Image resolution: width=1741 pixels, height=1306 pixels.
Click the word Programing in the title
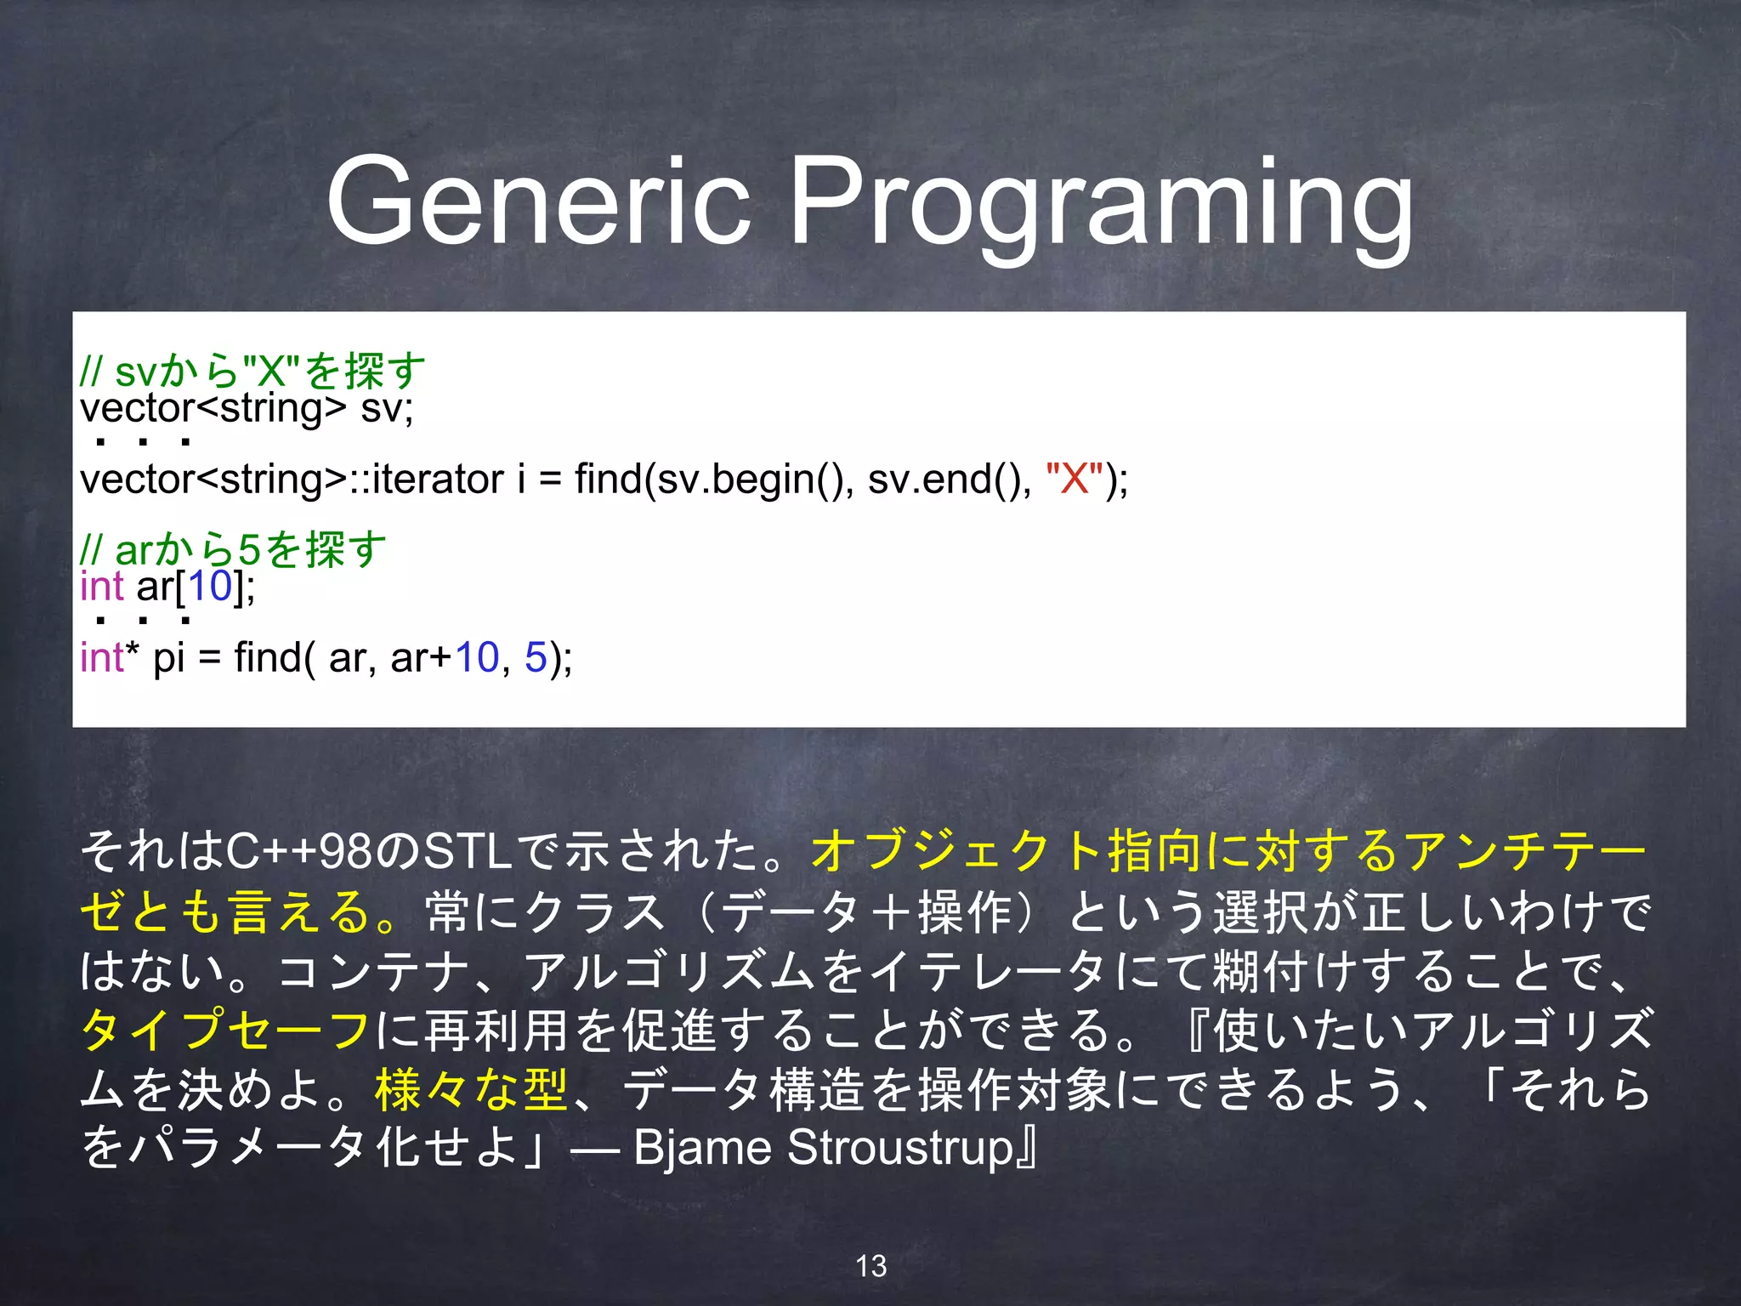(1102, 204)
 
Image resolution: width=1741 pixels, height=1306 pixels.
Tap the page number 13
(870, 1266)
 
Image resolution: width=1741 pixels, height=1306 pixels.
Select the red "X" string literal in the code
(1075, 479)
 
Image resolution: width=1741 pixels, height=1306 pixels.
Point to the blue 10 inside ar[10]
(209, 586)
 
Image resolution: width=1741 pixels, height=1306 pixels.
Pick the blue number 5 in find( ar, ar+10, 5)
(536, 657)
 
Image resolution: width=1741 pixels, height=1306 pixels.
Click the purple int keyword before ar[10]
(102, 586)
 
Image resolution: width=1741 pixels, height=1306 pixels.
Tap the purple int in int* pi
(102, 657)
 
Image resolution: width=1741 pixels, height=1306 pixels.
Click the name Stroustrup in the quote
(900, 1147)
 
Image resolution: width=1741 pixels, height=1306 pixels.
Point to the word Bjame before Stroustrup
(702, 1147)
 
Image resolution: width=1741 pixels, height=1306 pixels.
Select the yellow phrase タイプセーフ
(226, 1029)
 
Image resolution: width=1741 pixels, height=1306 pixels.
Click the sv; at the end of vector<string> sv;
(387, 408)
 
